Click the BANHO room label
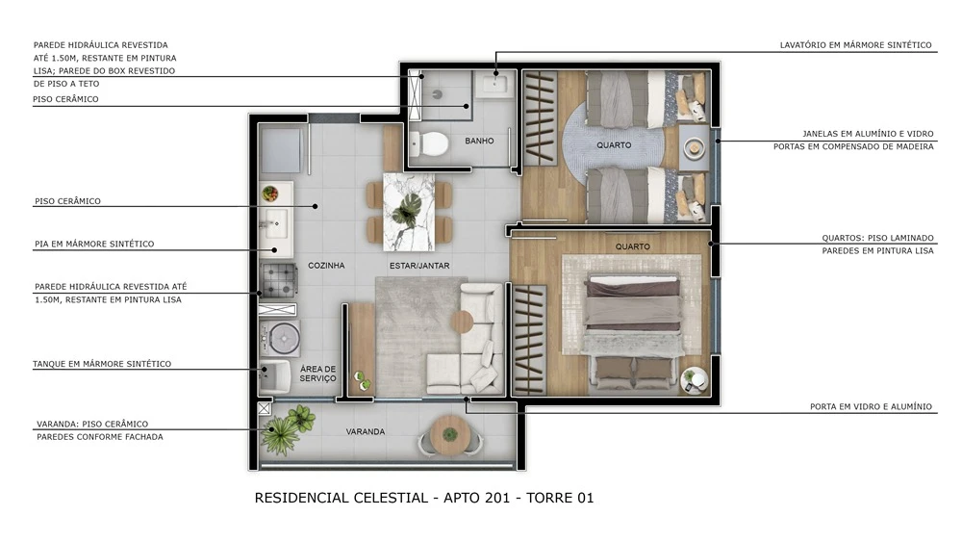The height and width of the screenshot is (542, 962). (479, 141)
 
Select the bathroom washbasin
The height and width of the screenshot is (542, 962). (497, 85)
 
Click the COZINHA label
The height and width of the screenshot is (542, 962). (326, 265)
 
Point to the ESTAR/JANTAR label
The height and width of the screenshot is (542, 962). (420, 265)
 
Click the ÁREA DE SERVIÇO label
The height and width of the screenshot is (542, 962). (317, 374)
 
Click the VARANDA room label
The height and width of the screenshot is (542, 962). (366, 431)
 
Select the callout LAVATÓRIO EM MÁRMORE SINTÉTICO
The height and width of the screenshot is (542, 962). (855, 44)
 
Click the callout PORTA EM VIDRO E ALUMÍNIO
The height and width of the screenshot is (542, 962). (871, 406)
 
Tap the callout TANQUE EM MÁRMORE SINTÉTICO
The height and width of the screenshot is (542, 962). (102, 364)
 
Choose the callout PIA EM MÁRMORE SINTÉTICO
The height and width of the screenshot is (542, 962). (93, 244)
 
